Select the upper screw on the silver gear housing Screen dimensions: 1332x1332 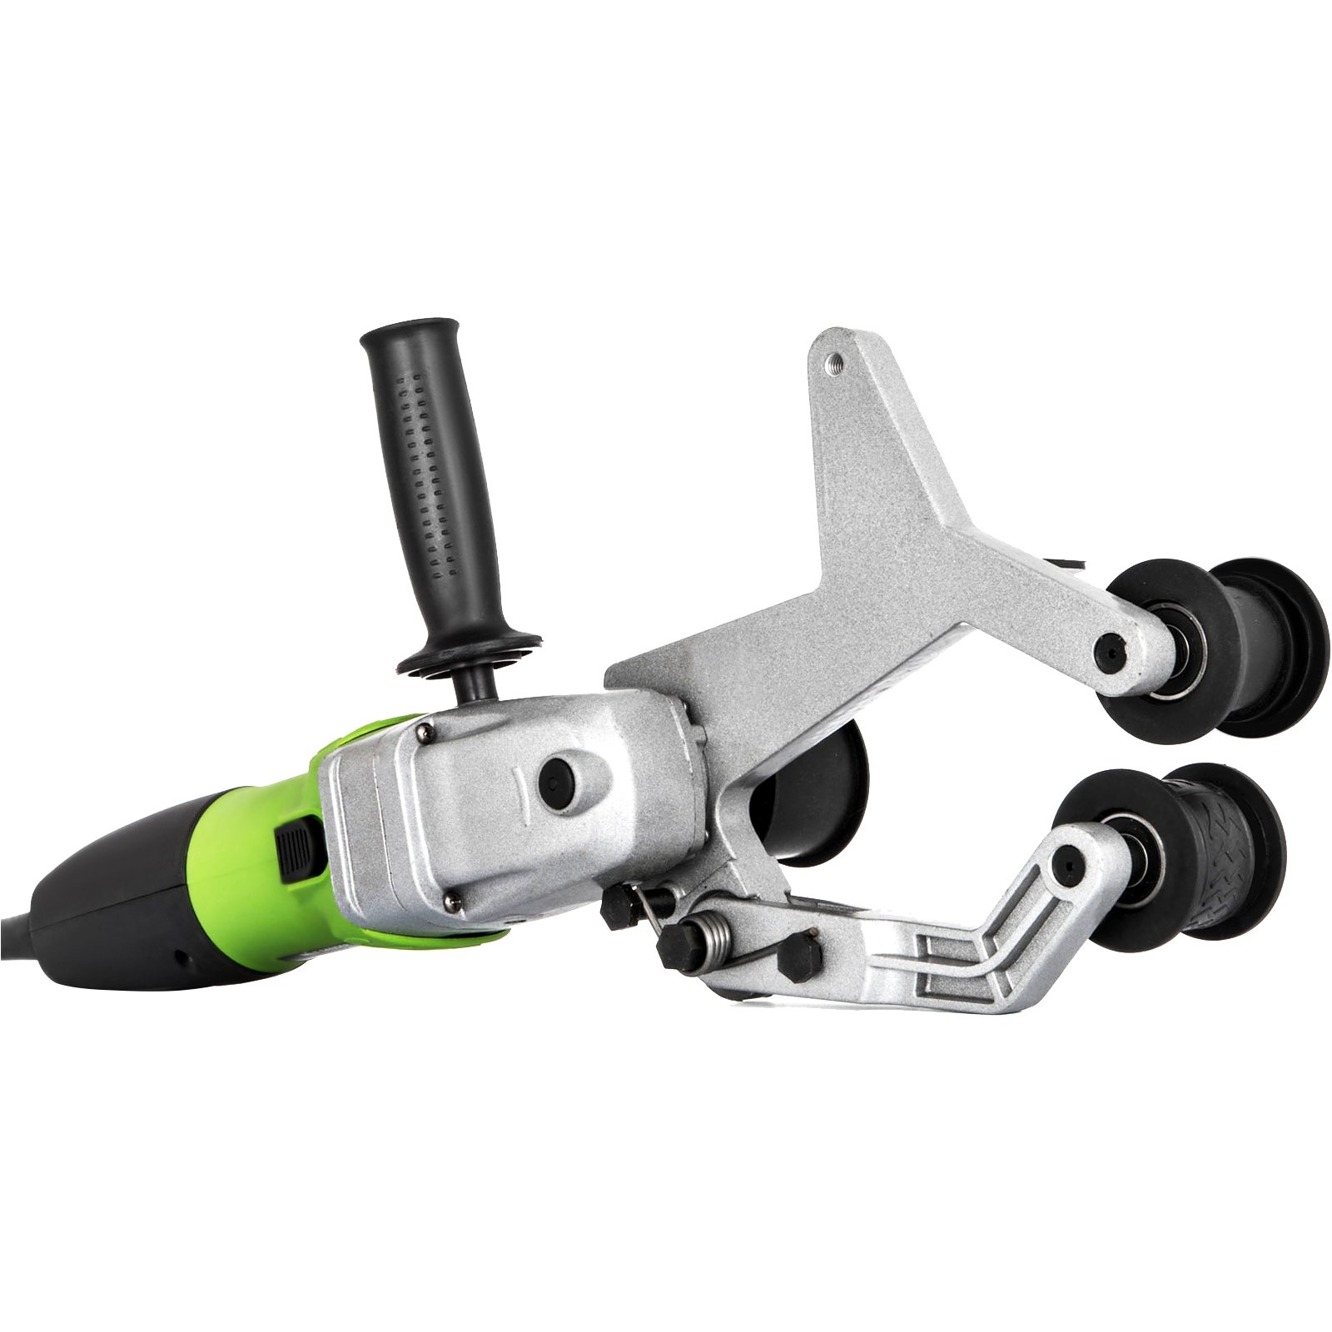pyautogui.click(x=425, y=732)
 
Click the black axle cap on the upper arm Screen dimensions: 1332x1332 pyautogui.click(x=1109, y=646)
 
